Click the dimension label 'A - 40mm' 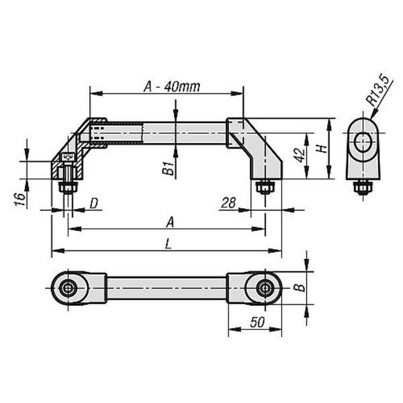click(172, 87)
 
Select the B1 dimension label click(169, 168)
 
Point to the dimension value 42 click(300, 155)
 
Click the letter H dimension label click(321, 149)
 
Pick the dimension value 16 click(20, 199)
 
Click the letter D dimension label click(94, 204)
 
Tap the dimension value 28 click(228, 203)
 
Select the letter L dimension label click(168, 243)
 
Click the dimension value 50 click(257, 322)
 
